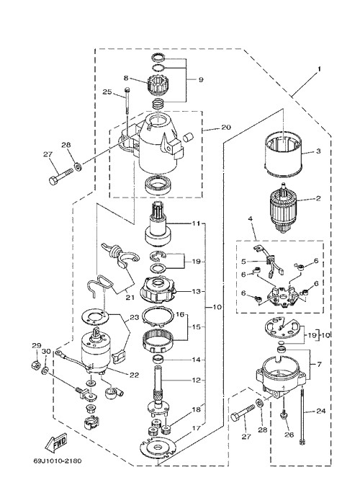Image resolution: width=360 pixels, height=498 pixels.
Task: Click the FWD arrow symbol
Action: click(57, 443)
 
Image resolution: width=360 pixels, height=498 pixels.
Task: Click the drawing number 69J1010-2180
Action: click(58, 461)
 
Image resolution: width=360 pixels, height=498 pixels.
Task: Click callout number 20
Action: click(226, 128)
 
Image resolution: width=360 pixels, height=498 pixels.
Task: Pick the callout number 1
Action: click(320, 68)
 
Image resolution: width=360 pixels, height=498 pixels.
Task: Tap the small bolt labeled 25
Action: click(127, 101)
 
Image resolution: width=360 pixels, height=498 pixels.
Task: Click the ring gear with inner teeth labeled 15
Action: click(159, 341)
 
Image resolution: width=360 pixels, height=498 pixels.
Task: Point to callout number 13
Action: click(196, 291)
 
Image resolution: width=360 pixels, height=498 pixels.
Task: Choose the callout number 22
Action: click(134, 375)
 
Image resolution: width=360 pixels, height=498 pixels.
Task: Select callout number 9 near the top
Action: click(201, 79)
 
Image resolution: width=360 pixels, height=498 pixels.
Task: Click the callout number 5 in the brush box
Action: click(243, 262)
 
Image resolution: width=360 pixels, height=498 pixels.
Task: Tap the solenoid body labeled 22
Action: click(96, 351)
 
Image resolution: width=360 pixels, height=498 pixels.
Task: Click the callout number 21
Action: click(130, 298)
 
